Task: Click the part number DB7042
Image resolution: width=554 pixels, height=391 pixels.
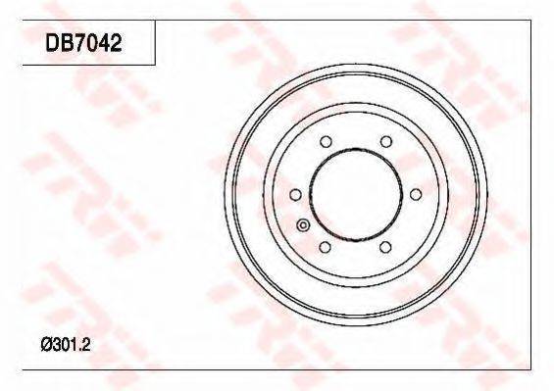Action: tap(83, 43)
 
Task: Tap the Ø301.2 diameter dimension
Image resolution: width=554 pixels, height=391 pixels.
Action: tap(66, 345)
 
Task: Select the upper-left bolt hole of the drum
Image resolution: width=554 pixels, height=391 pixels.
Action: tap(326, 142)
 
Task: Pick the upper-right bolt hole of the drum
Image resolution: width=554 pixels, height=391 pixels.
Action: tap(386, 142)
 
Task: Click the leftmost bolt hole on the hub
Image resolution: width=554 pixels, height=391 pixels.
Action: tap(295, 195)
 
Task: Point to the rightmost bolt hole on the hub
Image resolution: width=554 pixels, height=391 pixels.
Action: tap(416, 195)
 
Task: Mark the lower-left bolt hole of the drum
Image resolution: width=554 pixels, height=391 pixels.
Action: tap(326, 247)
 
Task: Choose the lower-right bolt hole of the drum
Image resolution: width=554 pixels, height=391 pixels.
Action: tap(385, 247)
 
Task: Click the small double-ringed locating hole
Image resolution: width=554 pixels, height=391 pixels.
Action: tap(303, 225)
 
